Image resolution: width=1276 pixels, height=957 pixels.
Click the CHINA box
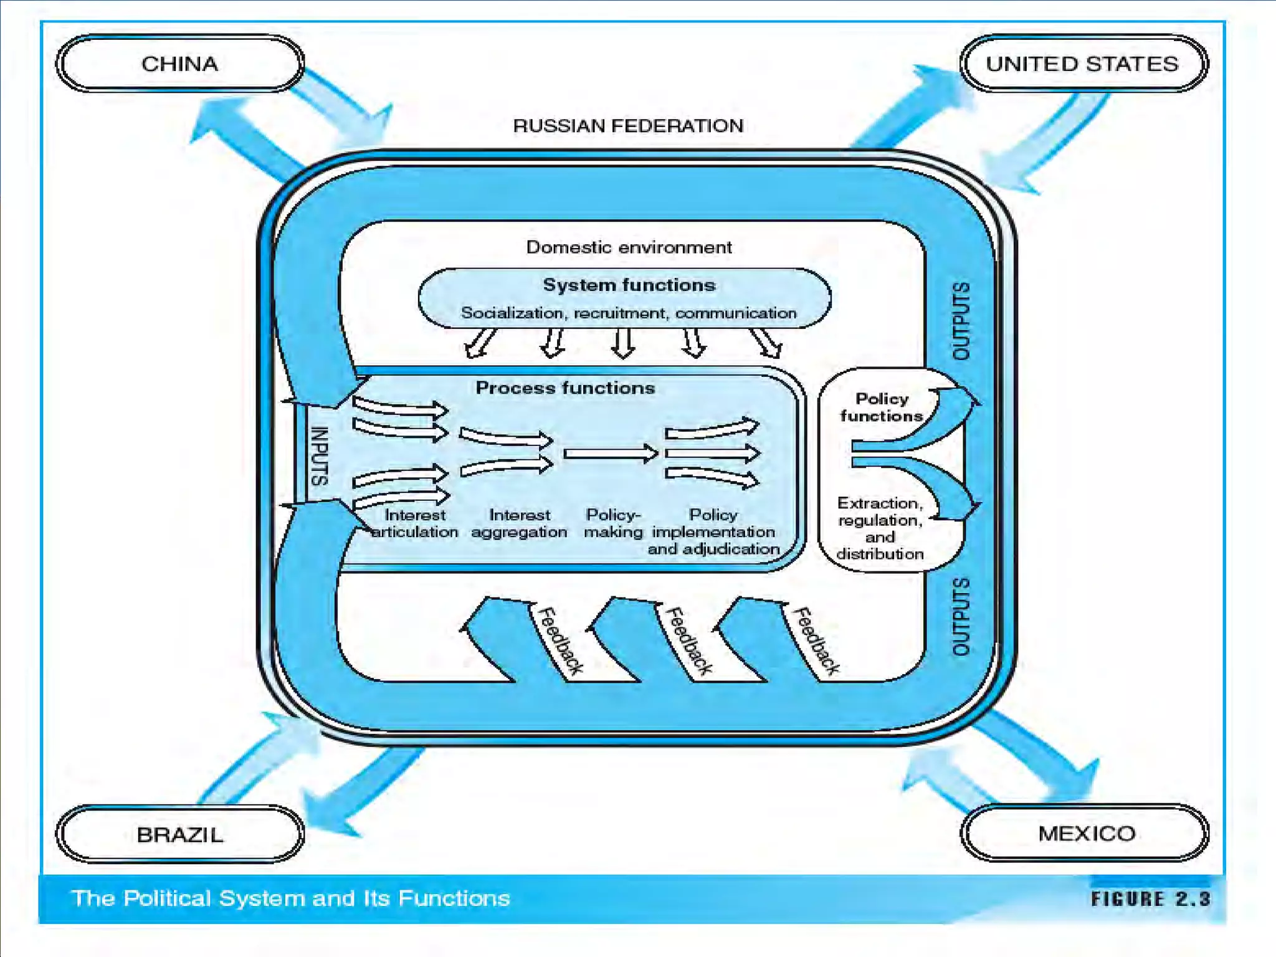point(180,64)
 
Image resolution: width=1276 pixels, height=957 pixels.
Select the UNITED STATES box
point(1083,64)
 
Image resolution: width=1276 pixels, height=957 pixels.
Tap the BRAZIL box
point(180,834)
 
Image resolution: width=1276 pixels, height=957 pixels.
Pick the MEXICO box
point(1086,833)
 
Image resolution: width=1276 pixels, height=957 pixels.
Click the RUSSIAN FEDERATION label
point(628,126)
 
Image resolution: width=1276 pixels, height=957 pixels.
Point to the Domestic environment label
point(629,247)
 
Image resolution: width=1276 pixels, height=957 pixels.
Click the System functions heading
point(629,285)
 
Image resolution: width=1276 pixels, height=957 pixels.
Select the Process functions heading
point(565,388)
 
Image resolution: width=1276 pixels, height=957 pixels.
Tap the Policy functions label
point(881,407)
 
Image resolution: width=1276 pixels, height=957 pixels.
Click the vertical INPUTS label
point(319,456)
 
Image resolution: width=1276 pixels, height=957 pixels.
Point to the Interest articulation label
point(415,523)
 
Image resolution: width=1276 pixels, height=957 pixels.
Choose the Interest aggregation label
point(519,523)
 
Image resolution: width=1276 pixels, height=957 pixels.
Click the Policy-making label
point(613,523)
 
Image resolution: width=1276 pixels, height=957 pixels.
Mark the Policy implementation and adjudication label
point(713,532)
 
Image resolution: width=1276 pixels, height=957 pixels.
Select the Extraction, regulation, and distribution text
point(880,528)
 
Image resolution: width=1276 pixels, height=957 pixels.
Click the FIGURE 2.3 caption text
point(1150,898)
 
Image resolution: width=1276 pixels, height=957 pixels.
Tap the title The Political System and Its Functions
point(290,898)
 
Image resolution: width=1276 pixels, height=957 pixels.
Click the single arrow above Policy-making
point(611,453)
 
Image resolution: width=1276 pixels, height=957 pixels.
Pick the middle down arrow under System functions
point(623,343)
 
